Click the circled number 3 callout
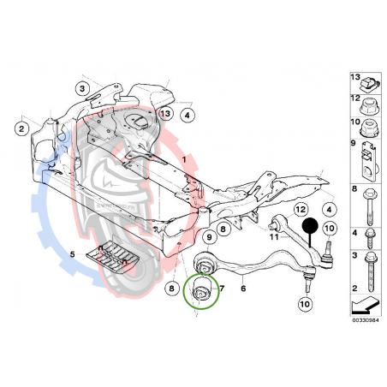(x=82, y=88)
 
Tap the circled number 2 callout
(x=20, y=128)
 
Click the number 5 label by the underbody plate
(x=73, y=254)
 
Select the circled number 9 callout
(x=209, y=236)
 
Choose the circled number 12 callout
(x=301, y=210)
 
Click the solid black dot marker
(x=309, y=227)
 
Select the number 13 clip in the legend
(x=369, y=83)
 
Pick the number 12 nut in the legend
(x=369, y=108)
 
